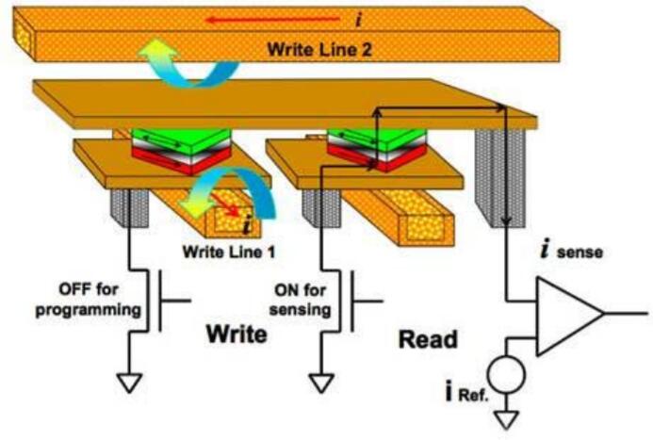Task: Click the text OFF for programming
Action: (89, 296)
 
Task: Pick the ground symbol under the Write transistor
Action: (128, 383)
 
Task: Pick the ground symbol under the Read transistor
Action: (321, 383)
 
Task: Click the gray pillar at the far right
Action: (498, 179)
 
